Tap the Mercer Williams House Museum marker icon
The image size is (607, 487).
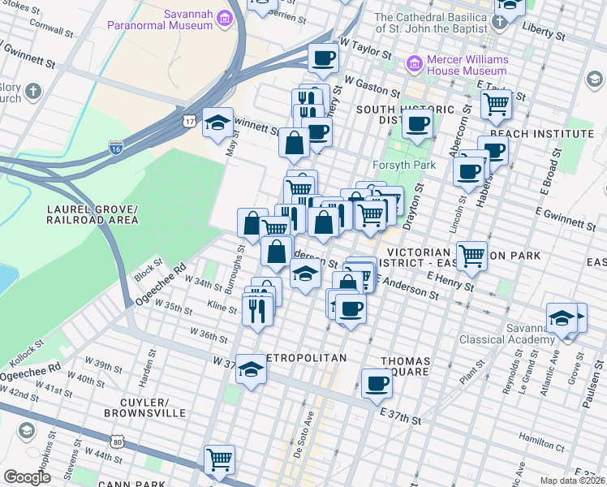[x=415, y=62]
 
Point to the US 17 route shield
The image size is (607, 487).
[x=189, y=121]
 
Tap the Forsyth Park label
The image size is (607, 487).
[x=403, y=165]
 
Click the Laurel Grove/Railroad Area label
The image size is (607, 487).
[x=92, y=214]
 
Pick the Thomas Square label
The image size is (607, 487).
[x=410, y=366]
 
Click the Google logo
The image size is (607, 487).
[x=27, y=477]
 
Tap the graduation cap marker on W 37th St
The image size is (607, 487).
[x=252, y=368]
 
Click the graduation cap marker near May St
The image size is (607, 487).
[x=217, y=122]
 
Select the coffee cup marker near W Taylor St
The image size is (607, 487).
[x=323, y=58]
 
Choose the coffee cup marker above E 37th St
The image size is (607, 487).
[x=377, y=382]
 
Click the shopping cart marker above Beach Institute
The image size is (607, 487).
[x=496, y=103]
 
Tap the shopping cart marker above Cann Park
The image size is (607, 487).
[x=219, y=459]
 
